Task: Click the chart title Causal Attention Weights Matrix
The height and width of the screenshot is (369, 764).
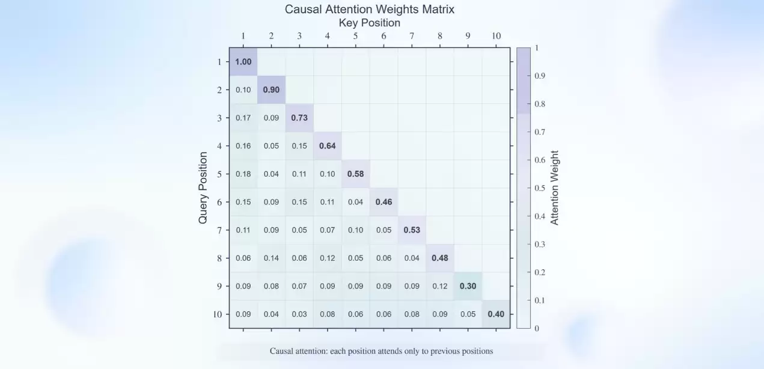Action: coord(369,10)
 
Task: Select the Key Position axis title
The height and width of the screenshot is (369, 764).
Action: coord(369,23)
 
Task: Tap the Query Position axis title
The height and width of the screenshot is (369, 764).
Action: coord(203,188)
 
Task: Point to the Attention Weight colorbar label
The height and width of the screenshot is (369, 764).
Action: coord(555,188)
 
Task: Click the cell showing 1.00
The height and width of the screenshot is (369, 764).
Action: coord(243,62)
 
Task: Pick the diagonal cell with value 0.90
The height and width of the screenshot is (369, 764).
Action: coord(271,90)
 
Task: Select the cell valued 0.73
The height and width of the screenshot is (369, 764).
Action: coord(299,118)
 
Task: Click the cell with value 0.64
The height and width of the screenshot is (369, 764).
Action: coord(327,146)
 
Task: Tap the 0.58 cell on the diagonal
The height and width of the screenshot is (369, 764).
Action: coord(355,174)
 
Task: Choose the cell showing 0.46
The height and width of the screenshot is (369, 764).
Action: coord(384,202)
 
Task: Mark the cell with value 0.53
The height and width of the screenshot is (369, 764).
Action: coord(412,230)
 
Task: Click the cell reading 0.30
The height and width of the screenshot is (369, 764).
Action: coord(468,286)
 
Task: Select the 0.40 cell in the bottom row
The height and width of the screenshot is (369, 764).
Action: coord(496,314)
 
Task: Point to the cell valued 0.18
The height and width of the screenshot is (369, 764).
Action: coord(243,174)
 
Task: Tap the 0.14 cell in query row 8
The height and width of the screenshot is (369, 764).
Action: coord(271,258)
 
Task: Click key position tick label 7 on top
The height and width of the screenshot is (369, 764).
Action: coord(412,36)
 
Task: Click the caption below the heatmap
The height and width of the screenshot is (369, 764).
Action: coord(381,351)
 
